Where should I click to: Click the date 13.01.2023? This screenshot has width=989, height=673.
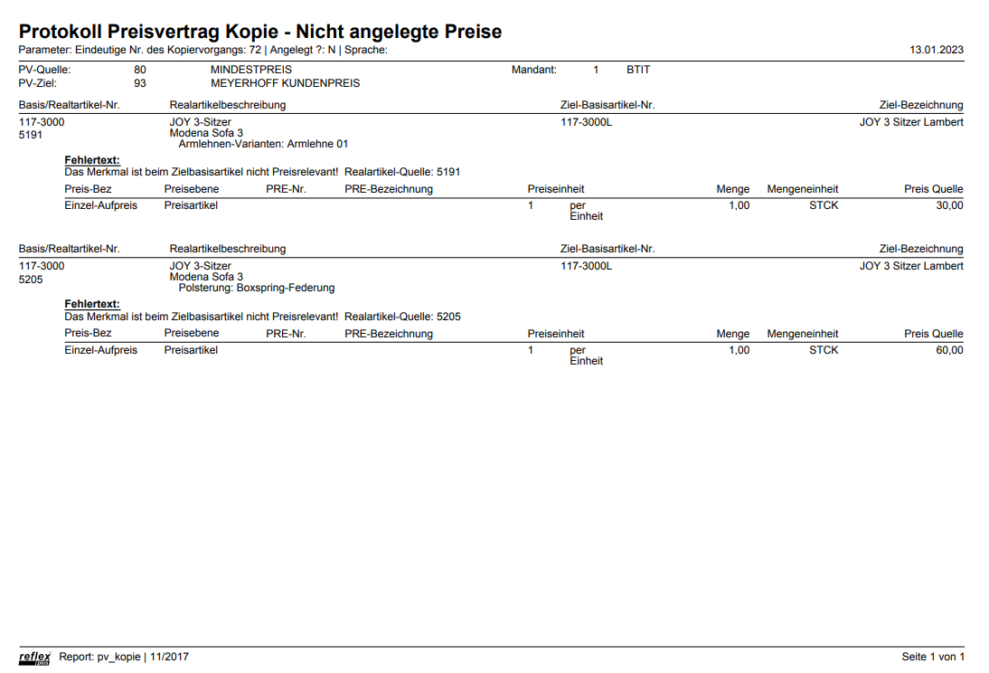tap(937, 50)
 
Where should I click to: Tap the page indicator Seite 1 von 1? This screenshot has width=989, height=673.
tap(933, 657)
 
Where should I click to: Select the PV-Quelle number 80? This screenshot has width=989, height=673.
tap(140, 70)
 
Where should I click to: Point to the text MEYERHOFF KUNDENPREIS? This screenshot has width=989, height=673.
tap(285, 83)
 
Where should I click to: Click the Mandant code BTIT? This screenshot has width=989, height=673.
tap(637, 70)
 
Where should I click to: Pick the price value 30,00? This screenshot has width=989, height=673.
tap(949, 205)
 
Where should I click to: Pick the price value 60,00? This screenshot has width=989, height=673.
tap(949, 350)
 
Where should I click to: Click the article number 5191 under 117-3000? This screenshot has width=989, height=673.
tap(32, 135)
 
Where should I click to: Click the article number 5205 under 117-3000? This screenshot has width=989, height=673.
tap(32, 280)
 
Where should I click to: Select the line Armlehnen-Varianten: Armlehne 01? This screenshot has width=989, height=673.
tap(263, 144)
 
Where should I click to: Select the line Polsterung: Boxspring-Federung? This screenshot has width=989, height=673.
tap(257, 289)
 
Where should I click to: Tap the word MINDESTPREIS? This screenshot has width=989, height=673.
tap(251, 70)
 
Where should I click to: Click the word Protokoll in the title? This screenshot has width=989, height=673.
tap(66, 32)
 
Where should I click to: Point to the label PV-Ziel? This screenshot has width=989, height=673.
tap(38, 83)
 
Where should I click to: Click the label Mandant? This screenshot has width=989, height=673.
tap(533, 70)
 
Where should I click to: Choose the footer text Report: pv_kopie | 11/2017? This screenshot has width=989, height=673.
tap(124, 657)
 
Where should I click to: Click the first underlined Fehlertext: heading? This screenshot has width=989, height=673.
tap(92, 160)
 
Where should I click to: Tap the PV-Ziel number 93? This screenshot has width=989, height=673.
tap(140, 83)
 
